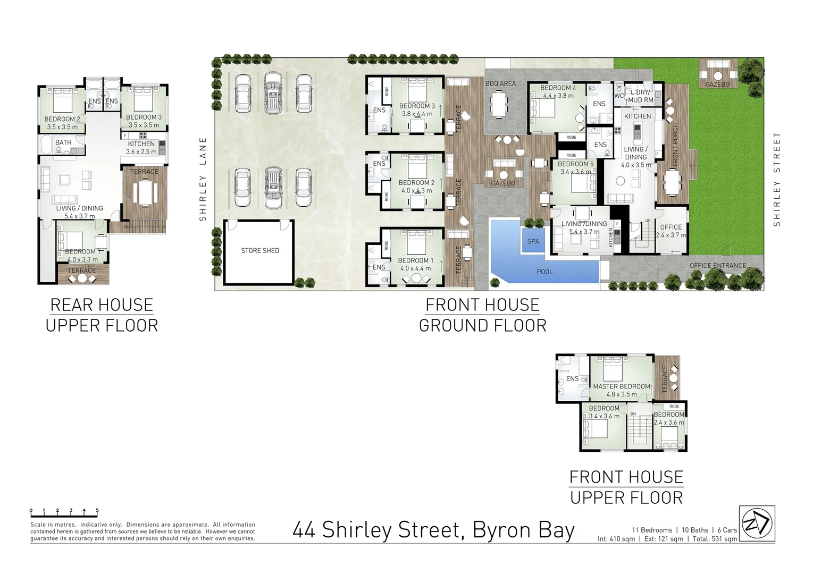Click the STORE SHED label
pos(260,250)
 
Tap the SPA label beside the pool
pos(533,241)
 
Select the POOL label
pos(544,272)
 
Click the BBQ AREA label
pos(500,83)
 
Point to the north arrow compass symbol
pos(757,523)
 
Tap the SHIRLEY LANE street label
pos(203,179)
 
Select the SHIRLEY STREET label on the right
pos(777,179)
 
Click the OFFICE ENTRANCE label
pos(717,265)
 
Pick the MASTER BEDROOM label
pos(621,386)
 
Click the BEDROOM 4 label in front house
pos(558,88)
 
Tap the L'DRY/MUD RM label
pos(640,96)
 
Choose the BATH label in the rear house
pos(63,142)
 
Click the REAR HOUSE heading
pos(102,305)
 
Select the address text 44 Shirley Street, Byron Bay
pos(433,530)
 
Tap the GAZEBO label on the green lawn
pos(717,85)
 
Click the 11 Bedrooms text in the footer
pos(652,530)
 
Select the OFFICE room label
pos(670,227)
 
